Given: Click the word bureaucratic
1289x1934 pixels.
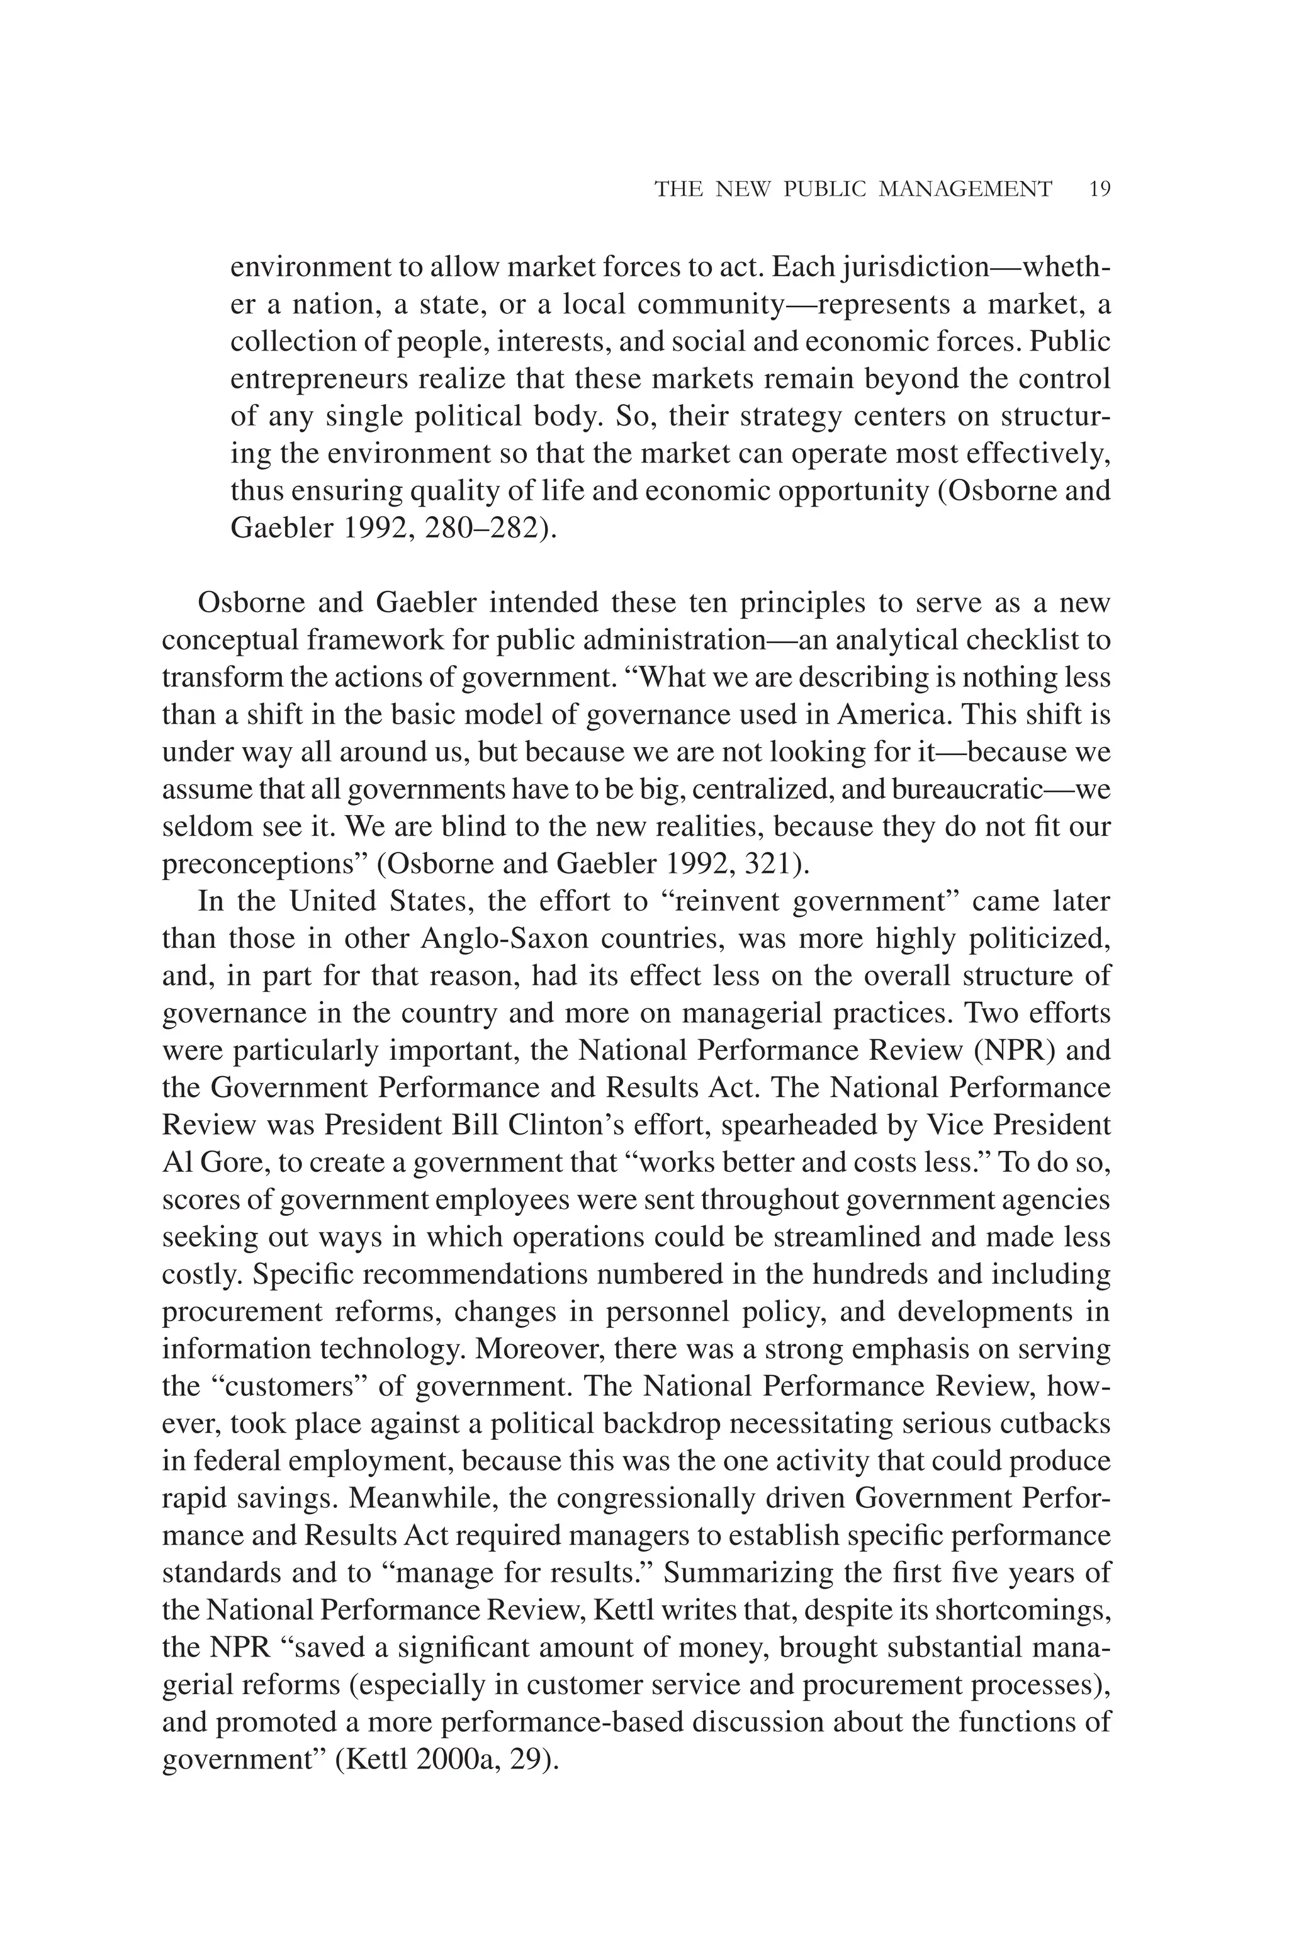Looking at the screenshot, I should coord(967,789).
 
